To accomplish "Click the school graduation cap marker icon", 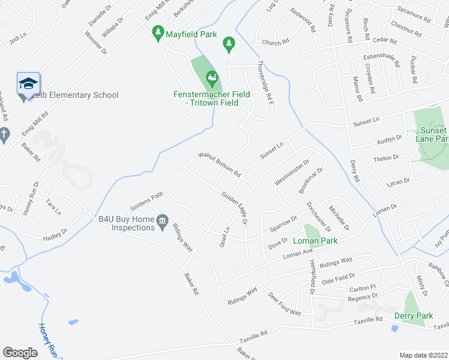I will tap(28, 83).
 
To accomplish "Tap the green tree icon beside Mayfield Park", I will tap(158, 34).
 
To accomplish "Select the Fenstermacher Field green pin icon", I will tap(211, 78).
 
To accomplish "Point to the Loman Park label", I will tap(315, 241).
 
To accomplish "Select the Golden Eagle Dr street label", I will tap(235, 207).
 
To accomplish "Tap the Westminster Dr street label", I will tap(292, 172).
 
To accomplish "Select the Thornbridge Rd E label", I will tap(265, 83).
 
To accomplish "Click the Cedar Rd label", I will tap(385, 41).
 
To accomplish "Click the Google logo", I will tap(20, 352).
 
